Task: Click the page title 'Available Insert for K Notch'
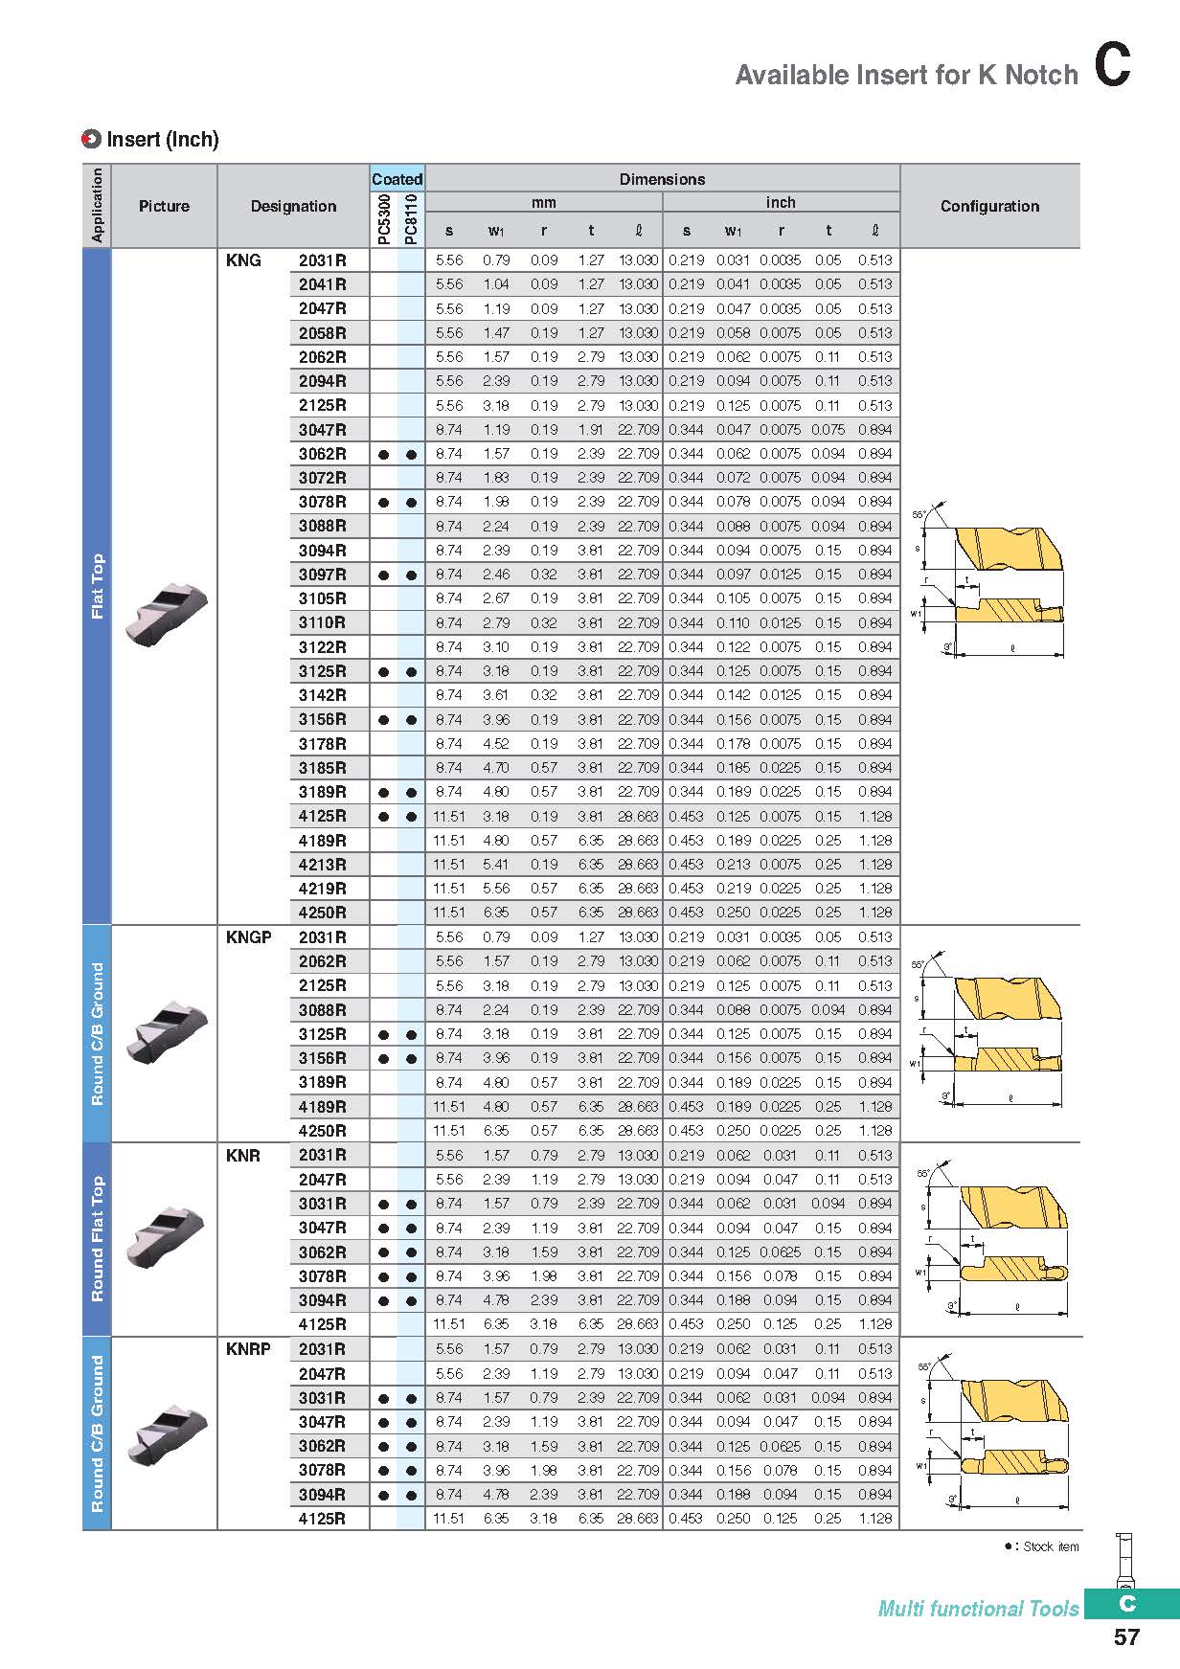(906, 75)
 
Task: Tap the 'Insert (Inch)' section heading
(162, 140)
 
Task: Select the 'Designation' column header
(293, 206)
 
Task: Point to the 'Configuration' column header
(989, 206)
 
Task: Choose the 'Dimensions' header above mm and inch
(662, 179)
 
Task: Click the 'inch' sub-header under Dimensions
(781, 202)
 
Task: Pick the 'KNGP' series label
(249, 937)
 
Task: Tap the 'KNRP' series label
(248, 1349)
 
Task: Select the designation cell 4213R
(322, 865)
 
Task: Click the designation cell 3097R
(322, 575)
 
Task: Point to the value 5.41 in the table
(496, 865)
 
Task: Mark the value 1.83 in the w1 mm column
(496, 478)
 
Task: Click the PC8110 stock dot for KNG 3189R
(411, 793)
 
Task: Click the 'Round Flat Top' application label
(98, 1239)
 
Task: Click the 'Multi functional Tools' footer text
(978, 1609)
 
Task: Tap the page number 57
(1126, 1637)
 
